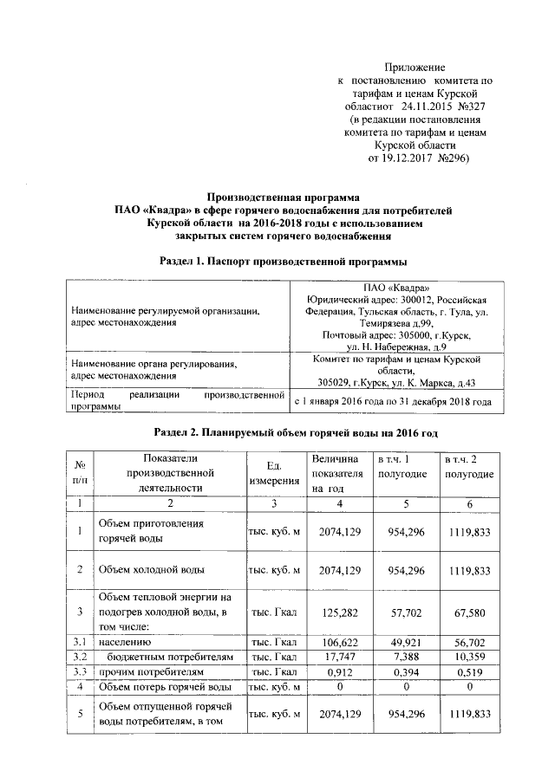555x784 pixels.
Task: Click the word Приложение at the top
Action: pyautogui.click(x=415, y=67)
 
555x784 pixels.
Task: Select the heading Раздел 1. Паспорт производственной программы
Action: pyautogui.click(x=284, y=261)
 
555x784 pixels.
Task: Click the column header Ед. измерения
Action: pyautogui.click(x=273, y=472)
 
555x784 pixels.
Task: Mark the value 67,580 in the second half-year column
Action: pyautogui.click(x=470, y=612)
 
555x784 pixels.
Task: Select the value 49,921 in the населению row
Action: pyautogui.click(x=403, y=643)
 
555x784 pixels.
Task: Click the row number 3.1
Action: pyautogui.click(x=80, y=643)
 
